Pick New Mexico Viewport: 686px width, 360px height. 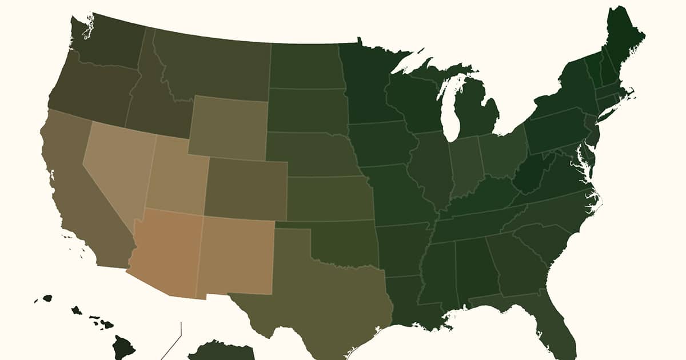(237, 254)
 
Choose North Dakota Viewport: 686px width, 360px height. (306, 66)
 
